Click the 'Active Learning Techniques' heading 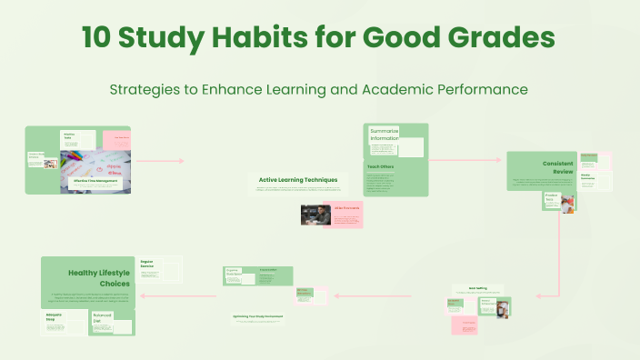(298, 180)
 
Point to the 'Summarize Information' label (385, 135)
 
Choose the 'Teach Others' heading (381, 167)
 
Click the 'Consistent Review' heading (557, 167)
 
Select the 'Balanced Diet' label (103, 318)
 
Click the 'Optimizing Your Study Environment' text (257, 317)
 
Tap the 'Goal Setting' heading (478, 288)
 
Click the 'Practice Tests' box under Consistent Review (551, 197)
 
